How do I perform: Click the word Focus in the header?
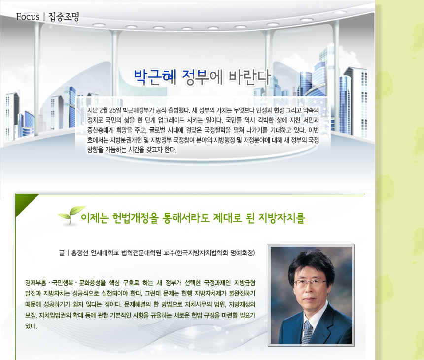coord(28,17)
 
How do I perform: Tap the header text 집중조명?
coord(64,17)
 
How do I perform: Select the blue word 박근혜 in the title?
coord(155,77)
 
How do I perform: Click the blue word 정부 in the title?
coord(195,77)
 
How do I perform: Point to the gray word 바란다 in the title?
coord(250,77)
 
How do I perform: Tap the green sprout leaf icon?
coord(71,216)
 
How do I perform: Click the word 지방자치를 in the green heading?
coord(282,218)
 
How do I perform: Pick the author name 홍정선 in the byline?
coord(79,253)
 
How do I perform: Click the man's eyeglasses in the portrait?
coord(310,283)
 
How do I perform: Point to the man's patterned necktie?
coord(307,332)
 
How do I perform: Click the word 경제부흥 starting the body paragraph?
coord(35,283)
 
